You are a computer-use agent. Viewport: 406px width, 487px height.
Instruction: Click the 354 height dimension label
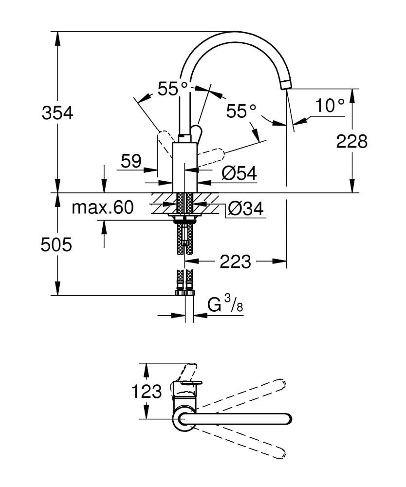(57, 113)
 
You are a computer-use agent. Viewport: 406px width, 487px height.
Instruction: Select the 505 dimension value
(56, 244)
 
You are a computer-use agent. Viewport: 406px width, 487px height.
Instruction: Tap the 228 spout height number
(351, 142)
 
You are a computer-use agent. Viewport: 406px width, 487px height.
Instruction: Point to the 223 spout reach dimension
(235, 262)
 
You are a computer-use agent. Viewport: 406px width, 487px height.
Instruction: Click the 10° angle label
(330, 105)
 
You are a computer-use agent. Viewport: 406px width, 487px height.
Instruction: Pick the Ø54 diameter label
(240, 173)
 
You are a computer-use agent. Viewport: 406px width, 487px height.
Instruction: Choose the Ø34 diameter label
(245, 208)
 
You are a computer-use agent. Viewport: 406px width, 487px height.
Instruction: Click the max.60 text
(103, 207)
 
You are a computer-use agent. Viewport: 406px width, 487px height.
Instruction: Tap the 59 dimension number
(131, 161)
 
